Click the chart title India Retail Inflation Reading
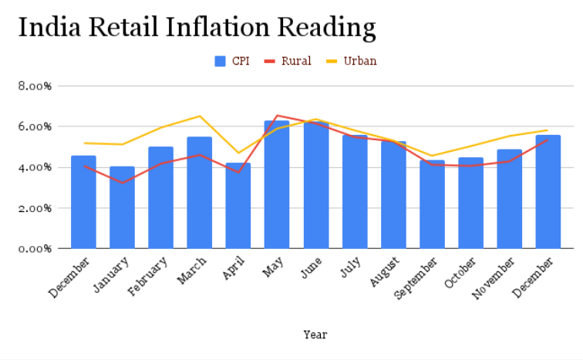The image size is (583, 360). click(x=197, y=28)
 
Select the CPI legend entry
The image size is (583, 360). click(x=232, y=61)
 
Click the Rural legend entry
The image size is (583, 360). click(x=288, y=61)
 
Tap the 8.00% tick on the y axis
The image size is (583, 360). click(x=34, y=86)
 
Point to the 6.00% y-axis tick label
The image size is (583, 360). click(x=34, y=126)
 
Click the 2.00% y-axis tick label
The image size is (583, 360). click(x=34, y=208)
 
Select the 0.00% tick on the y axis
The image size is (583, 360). click(x=34, y=248)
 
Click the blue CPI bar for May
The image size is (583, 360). click(x=277, y=185)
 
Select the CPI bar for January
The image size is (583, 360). click(x=122, y=208)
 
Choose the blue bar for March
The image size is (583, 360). click(x=200, y=193)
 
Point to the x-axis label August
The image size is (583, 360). click(x=385, y=273)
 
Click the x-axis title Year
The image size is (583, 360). click(x=315, y=335)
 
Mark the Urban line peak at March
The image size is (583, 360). click(x=200, y=116)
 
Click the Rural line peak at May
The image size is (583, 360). click(x=277, y=116)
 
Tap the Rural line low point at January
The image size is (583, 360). click(x=122, y=183)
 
